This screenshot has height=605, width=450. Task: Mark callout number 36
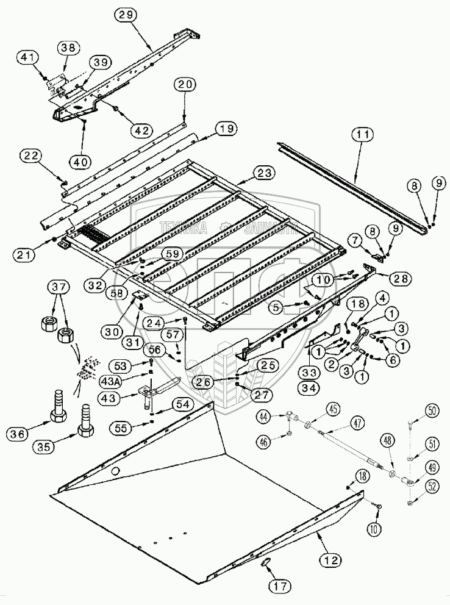[x=18, y=435]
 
